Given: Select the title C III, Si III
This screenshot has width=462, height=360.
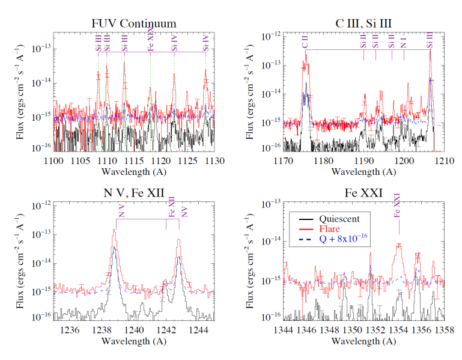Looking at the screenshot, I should coord(364,24).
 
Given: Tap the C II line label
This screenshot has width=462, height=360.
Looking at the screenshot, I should coord(305,41).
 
